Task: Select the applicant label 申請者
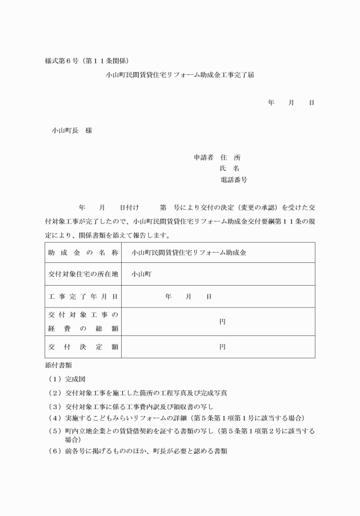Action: (203, 157)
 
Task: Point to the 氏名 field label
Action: (230, 169)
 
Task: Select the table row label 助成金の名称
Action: (83, 252)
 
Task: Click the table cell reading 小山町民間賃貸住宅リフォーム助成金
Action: (185, 252)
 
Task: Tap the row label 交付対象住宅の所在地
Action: (83, 274)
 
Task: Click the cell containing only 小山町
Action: (141, 274)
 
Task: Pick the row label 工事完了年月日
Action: (83, 297)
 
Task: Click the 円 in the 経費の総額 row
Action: (222, 321)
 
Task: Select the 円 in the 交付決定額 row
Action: (222, 346)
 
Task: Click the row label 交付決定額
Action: (83, 346)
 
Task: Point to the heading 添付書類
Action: (58, 364)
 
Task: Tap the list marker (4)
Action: (55, 419)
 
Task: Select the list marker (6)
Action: (55, 451)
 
